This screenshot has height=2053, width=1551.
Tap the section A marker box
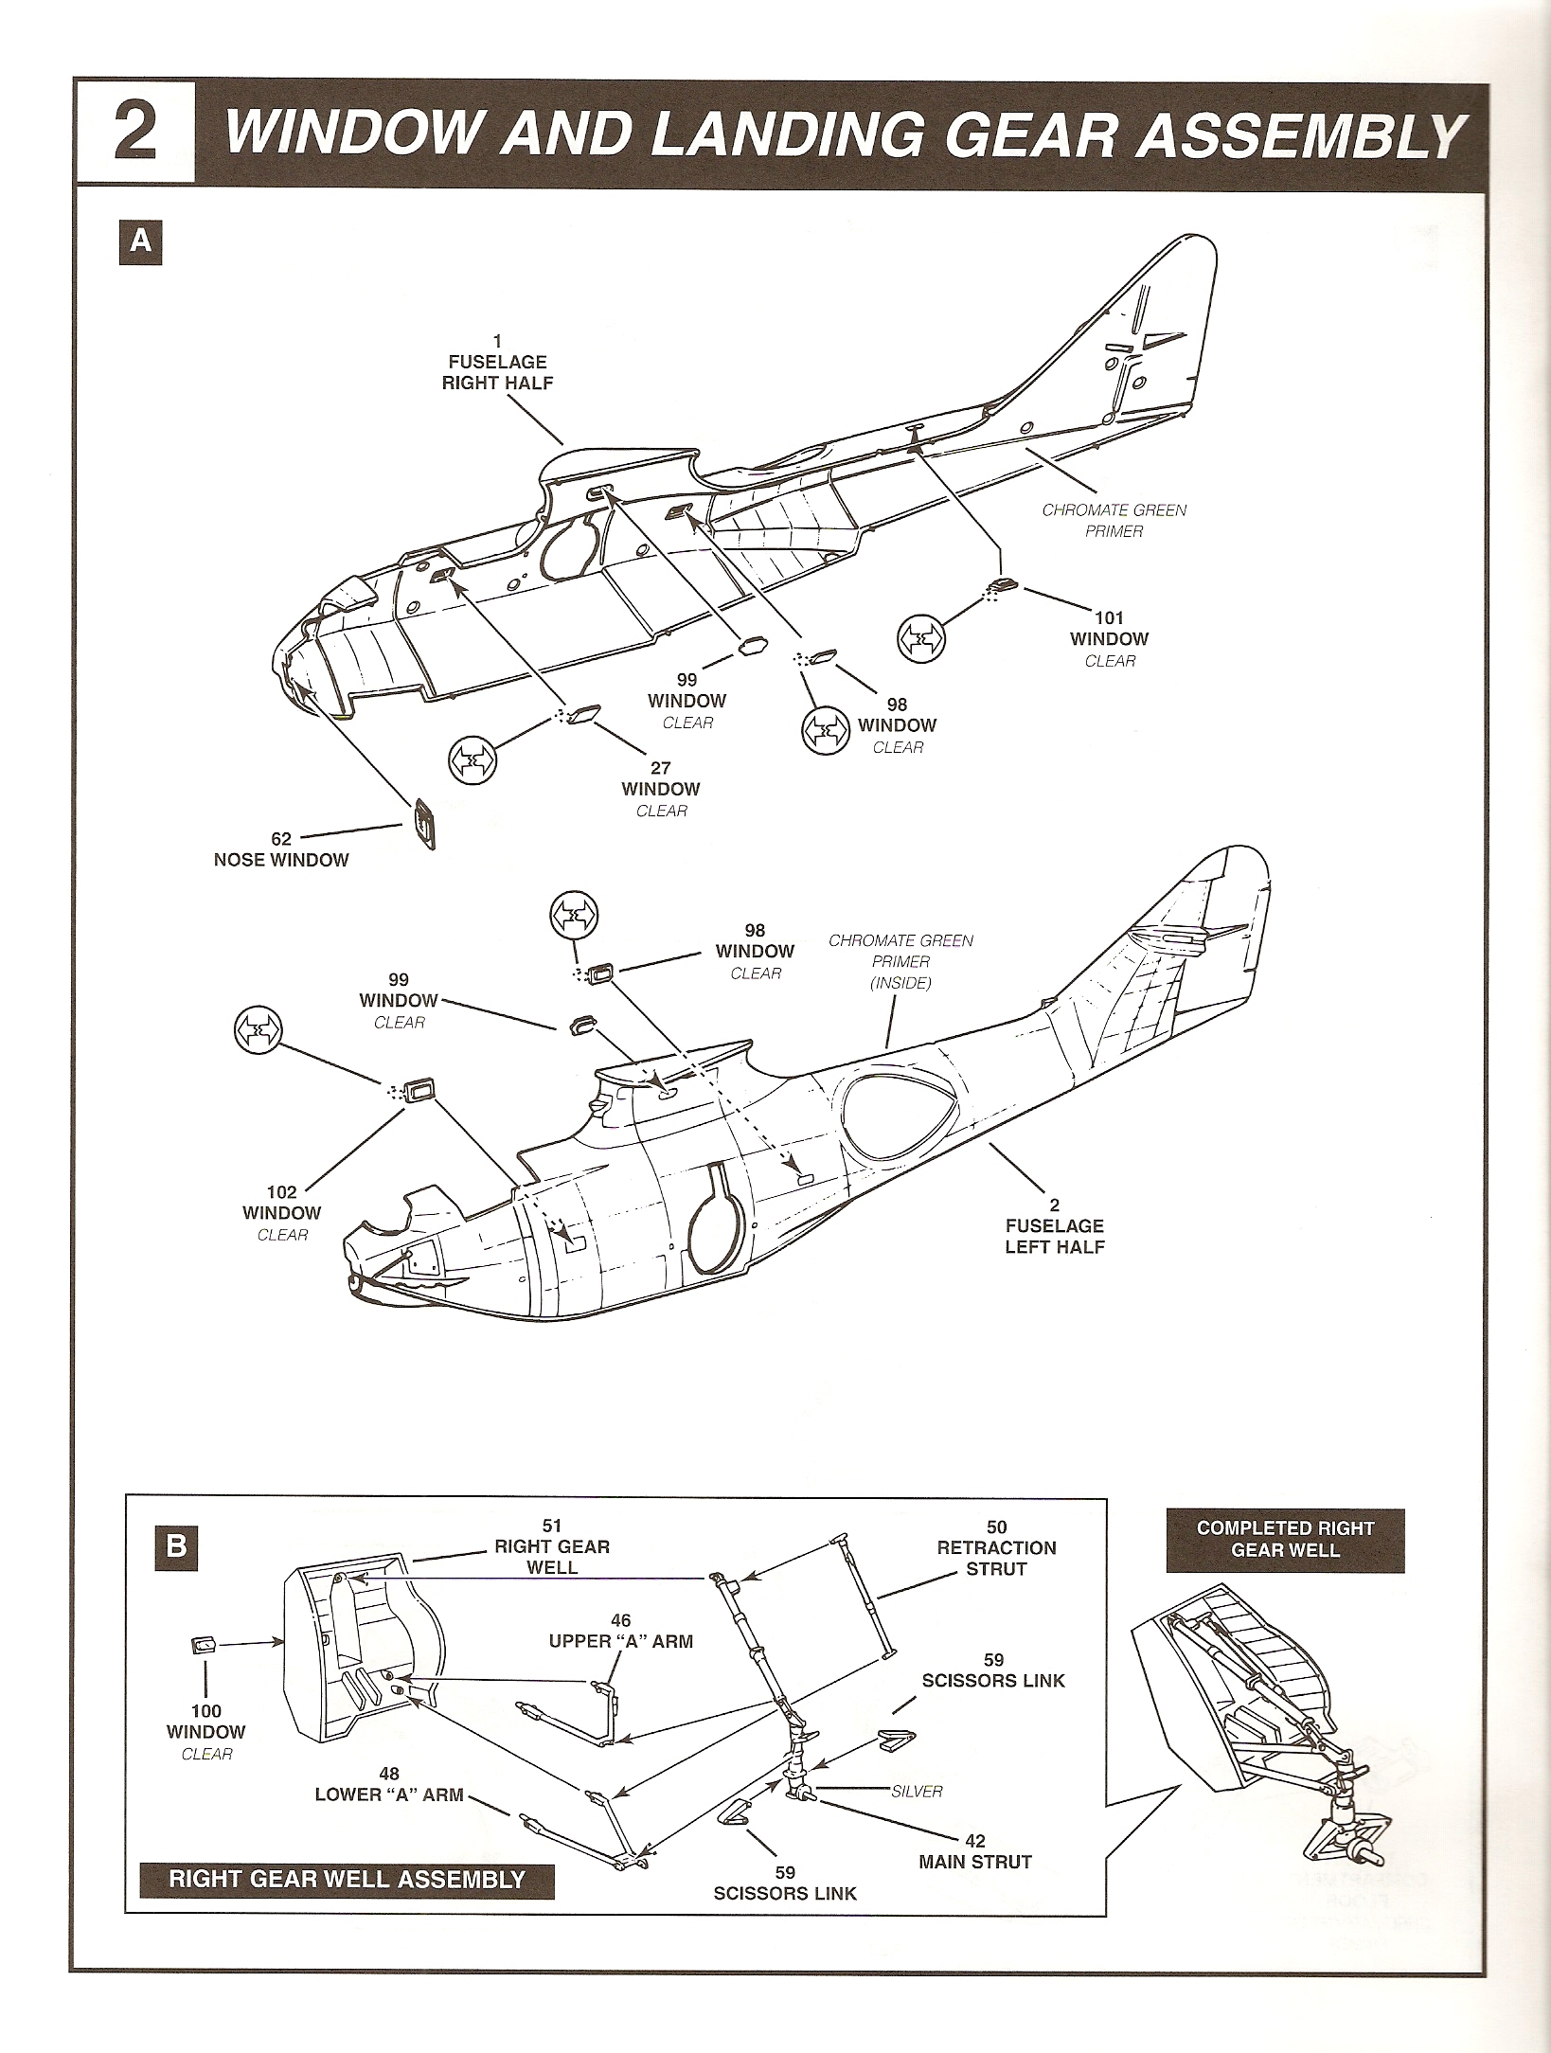(140, 242)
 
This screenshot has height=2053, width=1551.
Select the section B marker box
(176, 1546)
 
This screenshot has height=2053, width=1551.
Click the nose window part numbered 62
(424, 826)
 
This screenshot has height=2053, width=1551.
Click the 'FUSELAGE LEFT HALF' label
(1054, 1226)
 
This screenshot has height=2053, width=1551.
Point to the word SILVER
(917, 1792)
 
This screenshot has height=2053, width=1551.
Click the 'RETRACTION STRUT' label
(996, 1548)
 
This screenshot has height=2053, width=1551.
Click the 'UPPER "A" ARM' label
(620, 1632)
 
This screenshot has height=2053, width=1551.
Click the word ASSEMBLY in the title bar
(1305, 135)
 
